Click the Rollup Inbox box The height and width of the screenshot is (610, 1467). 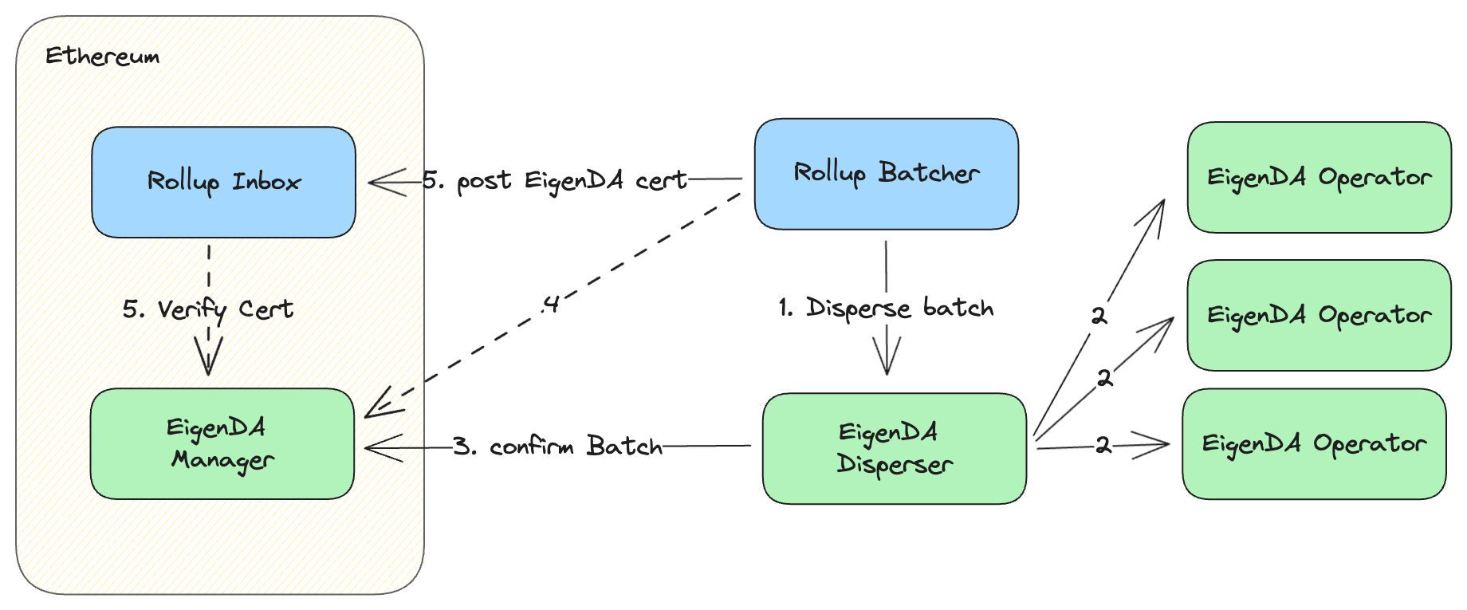tap(223, 182)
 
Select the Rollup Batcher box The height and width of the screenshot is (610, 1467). tap(886, 174)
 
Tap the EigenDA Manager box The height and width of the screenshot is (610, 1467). tap(222, 444)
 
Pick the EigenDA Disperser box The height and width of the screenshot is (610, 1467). tap(894, 448)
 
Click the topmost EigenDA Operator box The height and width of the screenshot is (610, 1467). tap(1319, 177)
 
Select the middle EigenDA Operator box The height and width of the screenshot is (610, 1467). tap(1319, 315)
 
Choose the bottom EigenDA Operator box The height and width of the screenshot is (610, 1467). tap(1314, 444)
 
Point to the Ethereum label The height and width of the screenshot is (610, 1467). tap(102, 56)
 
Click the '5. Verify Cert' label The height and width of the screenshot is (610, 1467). tap(207, 309)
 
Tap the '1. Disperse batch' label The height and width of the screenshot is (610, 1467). tap(886, 308)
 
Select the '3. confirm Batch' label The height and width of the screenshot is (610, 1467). tap(557, 447)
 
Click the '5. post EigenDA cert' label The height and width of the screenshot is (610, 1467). tap(554, 181)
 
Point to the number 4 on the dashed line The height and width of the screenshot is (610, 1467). tap(550, 304)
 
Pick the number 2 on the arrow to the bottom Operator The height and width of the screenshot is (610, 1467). tap(1103, 445)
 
